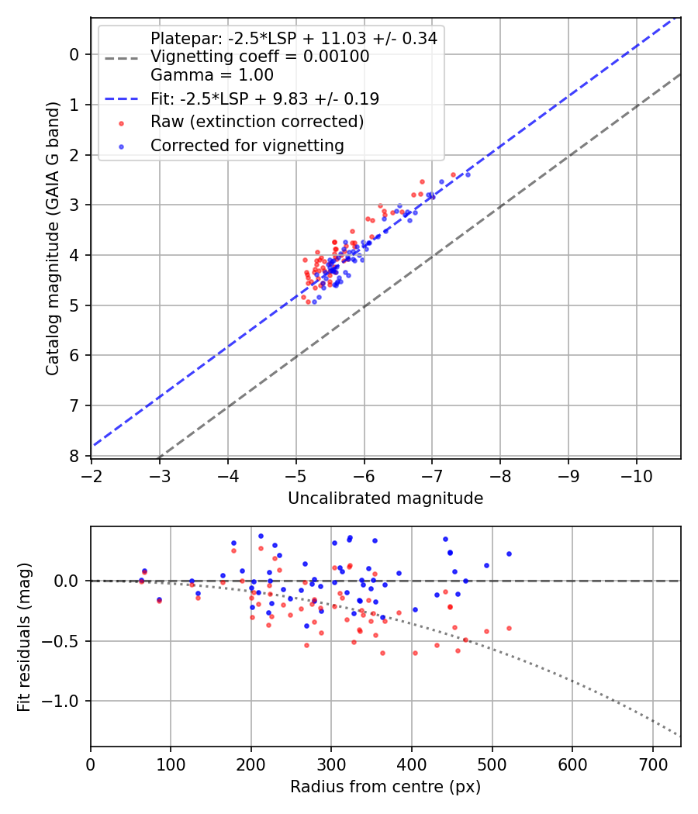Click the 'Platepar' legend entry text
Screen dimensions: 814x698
click(x=293, y=38)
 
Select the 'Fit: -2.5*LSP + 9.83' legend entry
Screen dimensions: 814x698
click(x=264, y=98)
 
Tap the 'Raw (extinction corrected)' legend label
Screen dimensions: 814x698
click(x=257, y=122)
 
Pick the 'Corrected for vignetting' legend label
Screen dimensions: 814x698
click(x=247, y=145)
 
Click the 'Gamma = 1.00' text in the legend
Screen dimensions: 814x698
click(x=212, y=75)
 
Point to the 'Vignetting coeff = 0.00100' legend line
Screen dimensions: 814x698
click(x=260, y=57)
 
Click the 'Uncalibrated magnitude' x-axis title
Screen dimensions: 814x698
click(x=385, y=498)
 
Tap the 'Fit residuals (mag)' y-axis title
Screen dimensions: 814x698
click(x=24, y=636)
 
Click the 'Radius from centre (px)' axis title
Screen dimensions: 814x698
click(x=385, y=787)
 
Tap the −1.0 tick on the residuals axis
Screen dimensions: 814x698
click(x=63, y=701)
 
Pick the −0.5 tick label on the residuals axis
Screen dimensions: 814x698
click(x=63, y=641)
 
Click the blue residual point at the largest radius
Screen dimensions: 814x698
click(x=509, y=554)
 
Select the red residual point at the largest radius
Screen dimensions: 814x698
click(x=509, y=628)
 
